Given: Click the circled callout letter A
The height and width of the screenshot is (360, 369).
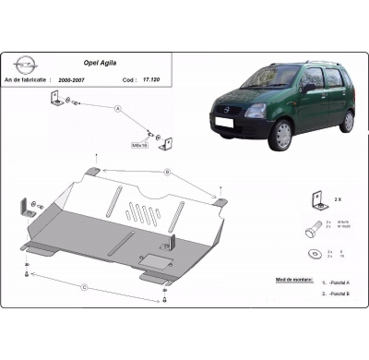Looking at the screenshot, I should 117,109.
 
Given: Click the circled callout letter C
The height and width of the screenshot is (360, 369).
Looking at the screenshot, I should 84,287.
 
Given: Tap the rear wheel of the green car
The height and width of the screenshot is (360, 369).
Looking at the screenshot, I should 346,121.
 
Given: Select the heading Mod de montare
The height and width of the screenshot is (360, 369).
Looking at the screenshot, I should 294,278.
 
